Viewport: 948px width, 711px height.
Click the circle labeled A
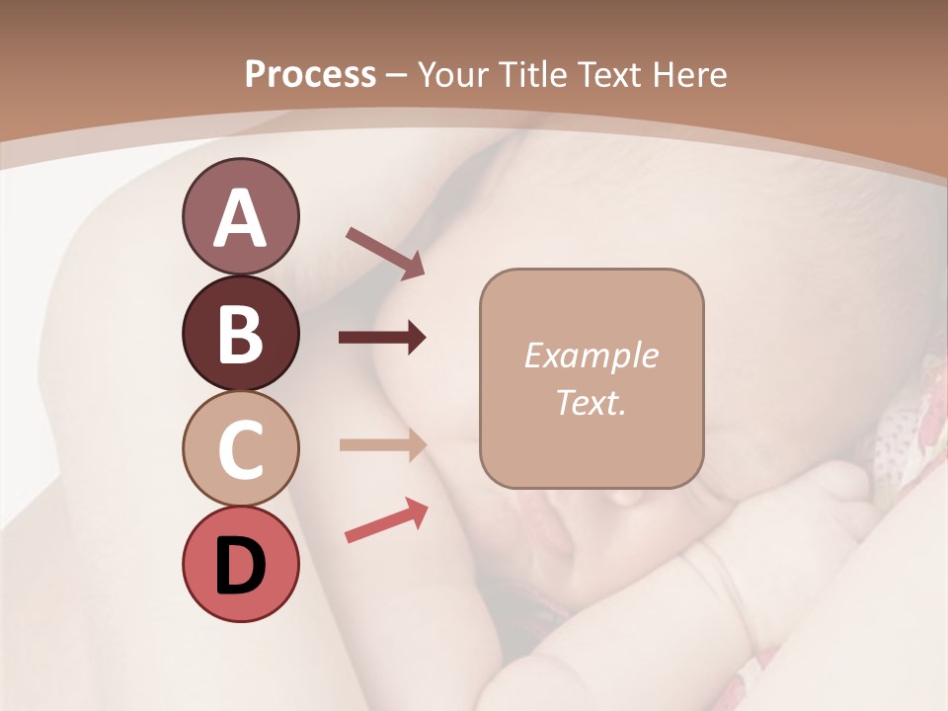click(240, 216)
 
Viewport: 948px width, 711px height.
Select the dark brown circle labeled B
click(240, 333)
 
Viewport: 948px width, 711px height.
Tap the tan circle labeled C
click(240, 449)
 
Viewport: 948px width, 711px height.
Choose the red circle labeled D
click(240, 565)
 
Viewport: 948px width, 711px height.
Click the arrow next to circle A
click(385, 252)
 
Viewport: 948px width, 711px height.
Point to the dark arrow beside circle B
click(382, 339)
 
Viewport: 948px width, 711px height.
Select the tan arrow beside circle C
click(382, 444)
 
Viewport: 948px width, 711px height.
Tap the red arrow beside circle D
click(386, 521)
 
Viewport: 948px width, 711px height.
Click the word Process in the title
click(310, 75)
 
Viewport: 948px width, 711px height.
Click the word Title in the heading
click(528, 75)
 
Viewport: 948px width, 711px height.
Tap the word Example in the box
click(592, 355)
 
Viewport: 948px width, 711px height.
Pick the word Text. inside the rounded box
click(592, 402)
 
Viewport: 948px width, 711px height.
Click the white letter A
click(240, 218)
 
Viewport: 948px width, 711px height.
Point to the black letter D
click(240, 566)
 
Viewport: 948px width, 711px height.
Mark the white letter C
click(240, 450)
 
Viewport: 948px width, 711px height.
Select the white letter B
click(240, 334)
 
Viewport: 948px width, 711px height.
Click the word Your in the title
click(453, 75)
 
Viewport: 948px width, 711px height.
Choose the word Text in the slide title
click(606, 75)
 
